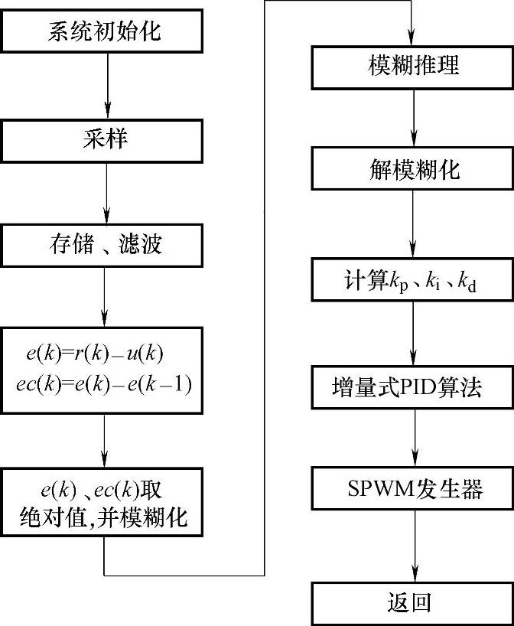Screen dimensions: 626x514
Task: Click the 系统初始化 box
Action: pos(106,32)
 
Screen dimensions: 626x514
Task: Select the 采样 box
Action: pos(106,140)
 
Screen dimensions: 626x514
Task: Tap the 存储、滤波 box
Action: pos(106,246)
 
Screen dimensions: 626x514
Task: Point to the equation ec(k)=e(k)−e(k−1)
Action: pos(103,383)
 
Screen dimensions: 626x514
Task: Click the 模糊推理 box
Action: pos(413,65)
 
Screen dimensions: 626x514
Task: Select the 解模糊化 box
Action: pos(413,169)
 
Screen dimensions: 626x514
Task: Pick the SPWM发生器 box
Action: pos(413,489)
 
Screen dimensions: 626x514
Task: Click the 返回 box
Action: pos(413,602)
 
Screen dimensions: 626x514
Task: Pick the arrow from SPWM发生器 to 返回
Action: pos(414,546)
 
